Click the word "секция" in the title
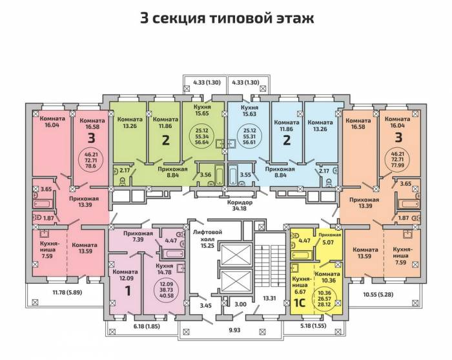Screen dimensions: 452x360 pyautogui.click(x=179, y=18)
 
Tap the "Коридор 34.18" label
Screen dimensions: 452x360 pyautogui.click(x=240, y=205)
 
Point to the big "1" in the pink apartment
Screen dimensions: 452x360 pyautogui.click(x=127, y=291)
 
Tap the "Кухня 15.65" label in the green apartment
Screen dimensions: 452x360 pyautogui.click(x=203, y=110)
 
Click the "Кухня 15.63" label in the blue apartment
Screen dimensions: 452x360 pyautogui.click(x=249, y=111)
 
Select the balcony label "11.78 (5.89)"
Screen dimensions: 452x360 pyautogui.click(x=67, y=292)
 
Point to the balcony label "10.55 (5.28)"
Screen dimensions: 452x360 pyautogui.click(x=378, y=295)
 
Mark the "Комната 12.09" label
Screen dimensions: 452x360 pyautogui.click(x=125, y=275)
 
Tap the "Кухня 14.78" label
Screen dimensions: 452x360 pyautogui.click(x=164, y=269)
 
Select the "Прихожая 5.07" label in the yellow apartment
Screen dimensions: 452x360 pyautogui.click(x=329, y=238)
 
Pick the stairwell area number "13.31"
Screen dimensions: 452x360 pyautogui.click(x=269, y=298)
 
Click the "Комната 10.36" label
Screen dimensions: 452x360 pyautogui.click(x=327, y=277)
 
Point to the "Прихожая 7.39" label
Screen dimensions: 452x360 pyautogui.click(x=138, y=237)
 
